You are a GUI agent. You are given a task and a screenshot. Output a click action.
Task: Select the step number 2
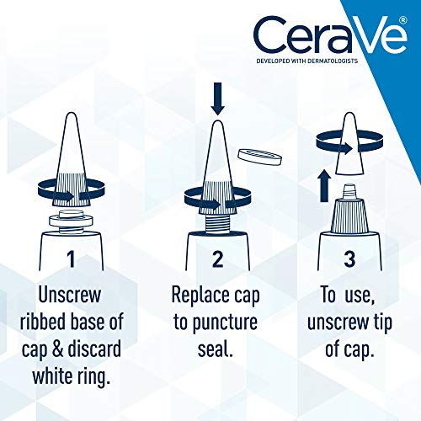point(217,259)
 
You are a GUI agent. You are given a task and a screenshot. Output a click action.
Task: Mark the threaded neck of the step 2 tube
point(217,221)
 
